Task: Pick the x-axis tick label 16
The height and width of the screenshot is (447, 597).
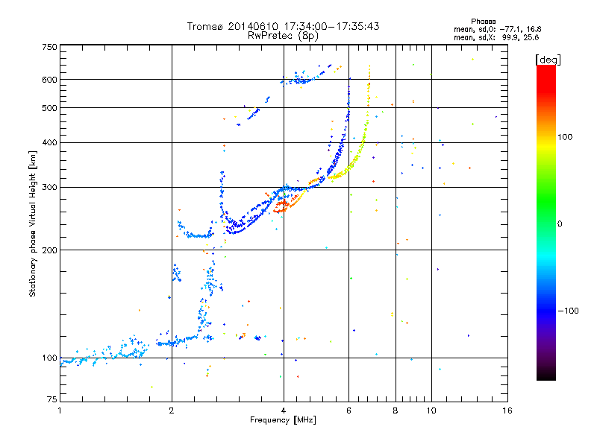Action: (x=507, y=410)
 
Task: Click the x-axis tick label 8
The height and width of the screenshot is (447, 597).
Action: (x=396, y=410)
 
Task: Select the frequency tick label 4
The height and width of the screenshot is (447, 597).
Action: (x=284, y=410)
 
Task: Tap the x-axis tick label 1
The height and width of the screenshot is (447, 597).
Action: (x=60, y=410)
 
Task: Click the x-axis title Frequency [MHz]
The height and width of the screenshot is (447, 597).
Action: (x=283, y=421)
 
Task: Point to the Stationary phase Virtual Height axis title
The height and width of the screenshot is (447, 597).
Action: (x=33, y=223)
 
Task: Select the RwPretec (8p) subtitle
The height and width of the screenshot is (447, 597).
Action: (x=283, y=35)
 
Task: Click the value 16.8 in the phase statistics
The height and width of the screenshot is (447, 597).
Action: (x=530, y=29)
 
